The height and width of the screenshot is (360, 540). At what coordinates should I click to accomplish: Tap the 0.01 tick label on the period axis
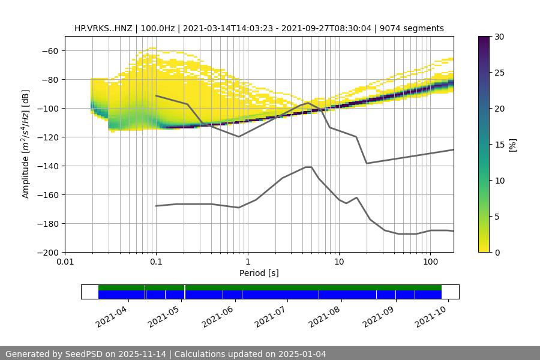point(65,262)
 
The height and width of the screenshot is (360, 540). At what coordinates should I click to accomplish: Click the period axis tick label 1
point(247,262)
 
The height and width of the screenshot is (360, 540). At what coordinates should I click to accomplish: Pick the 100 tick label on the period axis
point(430,262)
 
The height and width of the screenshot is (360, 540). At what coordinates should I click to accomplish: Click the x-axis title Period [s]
point(259,273)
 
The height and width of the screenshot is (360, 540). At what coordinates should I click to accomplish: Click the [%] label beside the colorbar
point(512,145)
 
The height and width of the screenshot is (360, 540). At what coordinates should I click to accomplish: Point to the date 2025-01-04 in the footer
point(303,354)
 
